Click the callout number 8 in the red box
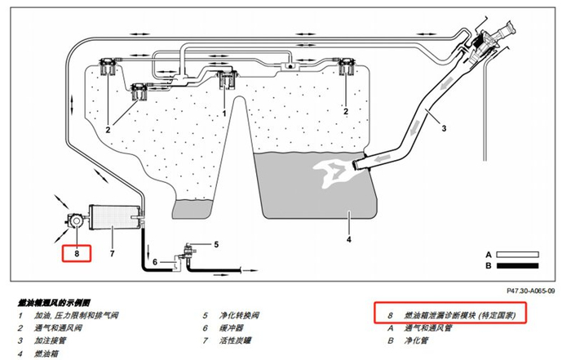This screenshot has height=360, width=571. [x=77, y=253]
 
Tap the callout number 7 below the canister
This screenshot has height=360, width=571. [x=113, y=253]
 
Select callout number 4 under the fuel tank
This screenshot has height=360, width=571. [x=349, y=239]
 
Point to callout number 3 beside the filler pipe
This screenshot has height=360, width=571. [x=444, y=128]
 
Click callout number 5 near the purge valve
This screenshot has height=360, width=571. [x=216, y=245]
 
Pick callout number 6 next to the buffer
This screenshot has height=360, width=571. [x=155, y=262]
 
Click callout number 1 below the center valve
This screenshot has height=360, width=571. [x=224, y=113]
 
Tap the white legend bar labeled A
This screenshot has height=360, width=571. [x=517, y=255]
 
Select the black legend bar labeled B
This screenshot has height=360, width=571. [x=517, y=265]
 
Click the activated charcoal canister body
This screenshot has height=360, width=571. [x=113, y=218]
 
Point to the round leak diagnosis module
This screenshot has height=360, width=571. [x=77, y=220]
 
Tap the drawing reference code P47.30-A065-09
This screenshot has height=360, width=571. [x=531, y=291]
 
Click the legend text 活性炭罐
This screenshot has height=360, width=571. [x=235, y=340]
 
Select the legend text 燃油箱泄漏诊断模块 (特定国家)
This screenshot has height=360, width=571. [x=460, y=315]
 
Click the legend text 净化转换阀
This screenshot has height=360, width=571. [x=239, y=315]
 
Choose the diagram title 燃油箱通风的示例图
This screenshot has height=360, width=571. [x=54, y=303]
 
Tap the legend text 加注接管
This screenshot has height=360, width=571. [x=51, y=340]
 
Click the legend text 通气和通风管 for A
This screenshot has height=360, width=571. [x=428, y=328]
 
